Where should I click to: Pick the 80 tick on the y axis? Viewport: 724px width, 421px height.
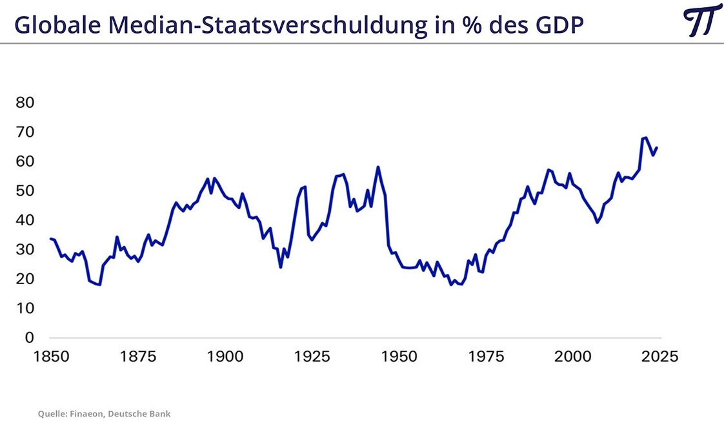click(25, 103)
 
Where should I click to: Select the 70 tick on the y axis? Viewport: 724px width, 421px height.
click(25, 132)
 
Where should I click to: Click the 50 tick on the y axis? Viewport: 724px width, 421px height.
click(25, 191)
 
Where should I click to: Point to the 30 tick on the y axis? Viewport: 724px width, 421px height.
click(25, 250)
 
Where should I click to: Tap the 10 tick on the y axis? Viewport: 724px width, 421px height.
click(25, 309)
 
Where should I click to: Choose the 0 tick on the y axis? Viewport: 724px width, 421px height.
click(30, 338)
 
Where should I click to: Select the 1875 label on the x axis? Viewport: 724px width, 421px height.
click(137, 356)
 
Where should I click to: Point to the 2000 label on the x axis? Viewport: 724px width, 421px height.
click(573, 356)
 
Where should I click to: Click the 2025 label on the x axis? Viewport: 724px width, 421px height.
click(659, 356)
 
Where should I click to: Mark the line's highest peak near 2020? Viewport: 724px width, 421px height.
click(645, 138)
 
